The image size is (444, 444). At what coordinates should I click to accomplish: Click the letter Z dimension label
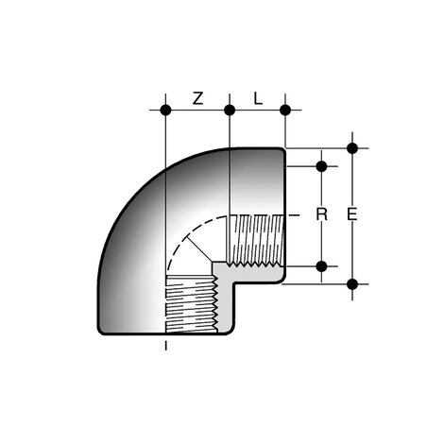[197, 97]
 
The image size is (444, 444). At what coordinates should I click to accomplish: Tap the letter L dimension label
[258, 97]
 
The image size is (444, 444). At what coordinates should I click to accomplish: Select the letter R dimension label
[321, 215]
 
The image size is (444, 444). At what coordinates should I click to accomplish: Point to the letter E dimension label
[352, 215]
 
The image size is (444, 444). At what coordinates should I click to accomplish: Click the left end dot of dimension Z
[165, 111]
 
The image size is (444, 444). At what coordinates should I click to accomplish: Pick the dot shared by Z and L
[230, 111]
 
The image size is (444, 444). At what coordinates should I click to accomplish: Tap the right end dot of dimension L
[285, 111]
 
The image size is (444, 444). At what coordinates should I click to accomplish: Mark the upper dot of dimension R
[321, 166]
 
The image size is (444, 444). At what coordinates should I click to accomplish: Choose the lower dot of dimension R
[321, 265]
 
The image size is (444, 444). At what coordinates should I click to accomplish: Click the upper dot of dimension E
[352, 147]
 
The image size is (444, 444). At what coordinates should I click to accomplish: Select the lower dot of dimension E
[352, 283]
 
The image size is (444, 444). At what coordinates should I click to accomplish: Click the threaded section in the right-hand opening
[255, 241]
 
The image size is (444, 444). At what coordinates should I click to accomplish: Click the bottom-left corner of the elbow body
[101, 332]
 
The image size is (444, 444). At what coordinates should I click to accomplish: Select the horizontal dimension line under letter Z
[197, 111]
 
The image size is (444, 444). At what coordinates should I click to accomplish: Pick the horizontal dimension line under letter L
[258, 111]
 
